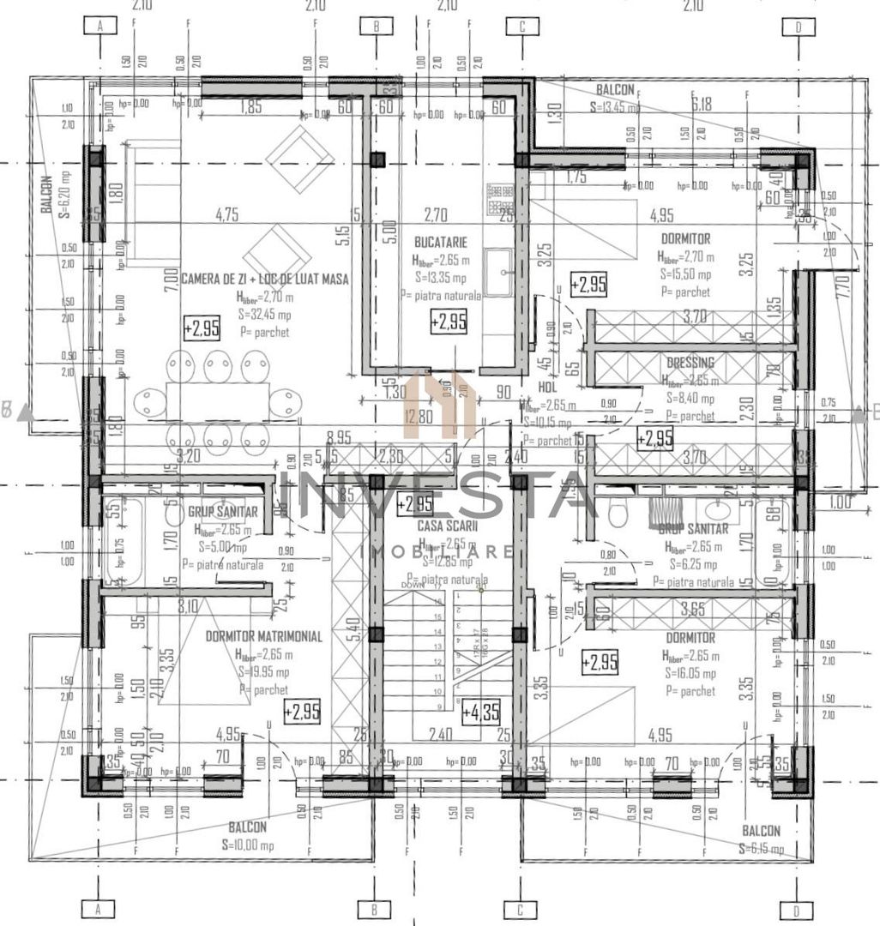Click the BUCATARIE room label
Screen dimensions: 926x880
coord(441,243)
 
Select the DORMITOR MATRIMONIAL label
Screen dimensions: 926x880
coord(264,636)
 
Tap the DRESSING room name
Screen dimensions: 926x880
coord(690,363)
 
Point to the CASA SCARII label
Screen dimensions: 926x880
coord(442,525)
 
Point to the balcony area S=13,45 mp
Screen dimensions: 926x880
coord(615,107)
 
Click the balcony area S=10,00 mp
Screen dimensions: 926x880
coord(247,845)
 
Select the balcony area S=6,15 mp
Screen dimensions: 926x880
coord(761,848)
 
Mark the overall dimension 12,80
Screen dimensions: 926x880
coord(419,417)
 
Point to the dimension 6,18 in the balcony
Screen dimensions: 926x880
coord(702,105)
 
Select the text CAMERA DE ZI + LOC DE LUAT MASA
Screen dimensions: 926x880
coord(265,278)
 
